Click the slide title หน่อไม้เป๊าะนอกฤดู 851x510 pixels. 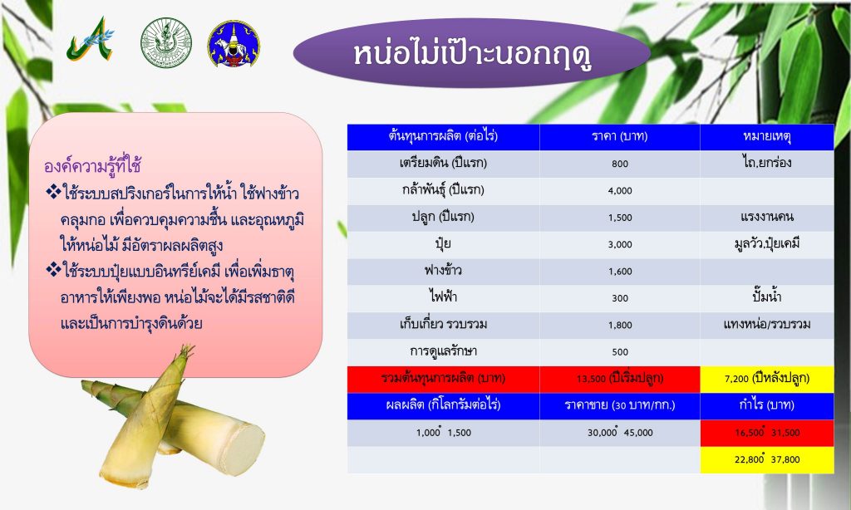click(472, 54)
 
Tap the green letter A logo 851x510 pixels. click(91, 40)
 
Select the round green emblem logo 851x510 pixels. click(166, 42)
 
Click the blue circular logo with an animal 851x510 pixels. click(234, 44)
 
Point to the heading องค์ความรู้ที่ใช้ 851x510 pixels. click(93, 165)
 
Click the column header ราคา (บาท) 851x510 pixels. click(620, 136)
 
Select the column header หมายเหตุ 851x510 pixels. click(767, 136)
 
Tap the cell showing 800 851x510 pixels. click(620, 164)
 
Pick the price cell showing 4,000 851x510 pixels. click(620, 190)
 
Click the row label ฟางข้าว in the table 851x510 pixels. click(444, 270)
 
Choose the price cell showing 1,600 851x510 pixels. click(620, 272)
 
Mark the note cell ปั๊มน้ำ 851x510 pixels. click(767, 297)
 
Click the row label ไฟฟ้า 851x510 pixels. click(444, 297)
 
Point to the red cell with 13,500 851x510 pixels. click(620, 379)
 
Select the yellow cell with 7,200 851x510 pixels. click(767, 379)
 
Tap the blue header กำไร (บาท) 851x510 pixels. click(767, 405)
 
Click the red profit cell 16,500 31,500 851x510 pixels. click(767, 433)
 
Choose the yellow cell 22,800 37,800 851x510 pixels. click(767, 459)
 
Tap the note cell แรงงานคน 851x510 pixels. click(767, 217)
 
